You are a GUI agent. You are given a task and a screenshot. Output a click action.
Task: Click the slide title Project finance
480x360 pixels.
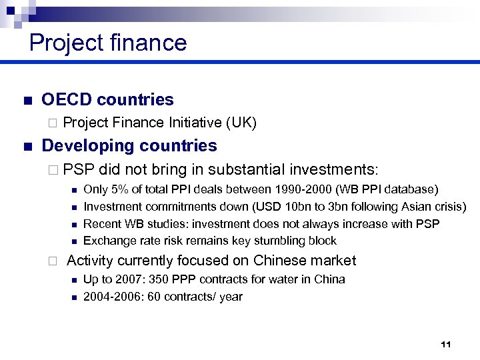click(x=108, y=43)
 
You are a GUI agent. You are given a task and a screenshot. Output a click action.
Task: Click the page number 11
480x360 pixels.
click(x=446, y=344)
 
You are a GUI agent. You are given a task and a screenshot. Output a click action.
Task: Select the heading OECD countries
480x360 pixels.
click(x=107, y=100)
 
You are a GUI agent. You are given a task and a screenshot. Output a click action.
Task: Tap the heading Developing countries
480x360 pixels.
click(x=129, y=146)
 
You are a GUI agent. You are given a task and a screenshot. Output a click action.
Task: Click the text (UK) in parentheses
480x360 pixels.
click(x=241, y=123)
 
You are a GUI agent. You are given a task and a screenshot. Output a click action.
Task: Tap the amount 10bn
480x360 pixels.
click(x=285, y=207)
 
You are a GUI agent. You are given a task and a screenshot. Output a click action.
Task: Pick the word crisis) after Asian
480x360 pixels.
click(x=449, y=207)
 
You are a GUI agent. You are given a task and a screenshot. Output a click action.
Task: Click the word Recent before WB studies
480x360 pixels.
click(x=102, y=224)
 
